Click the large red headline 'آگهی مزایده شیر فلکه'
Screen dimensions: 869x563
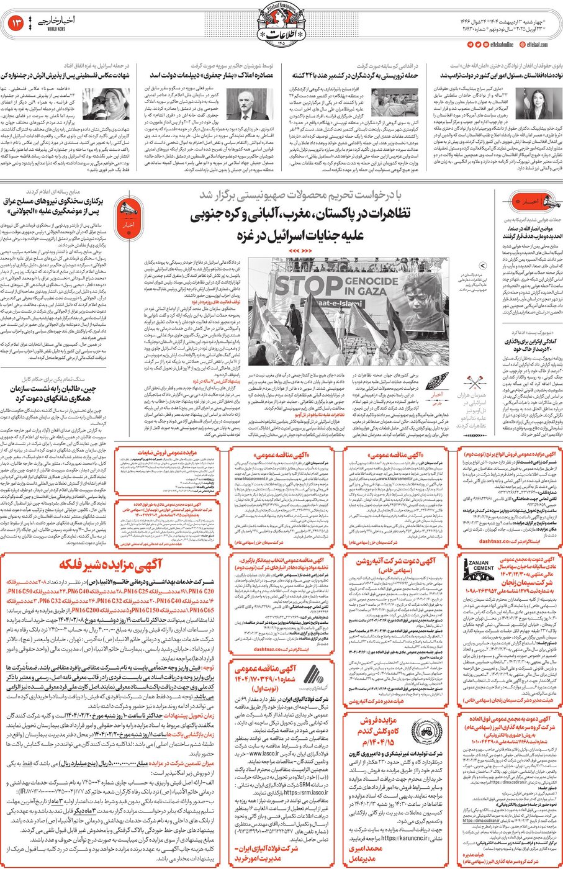[x=110, y=565]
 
